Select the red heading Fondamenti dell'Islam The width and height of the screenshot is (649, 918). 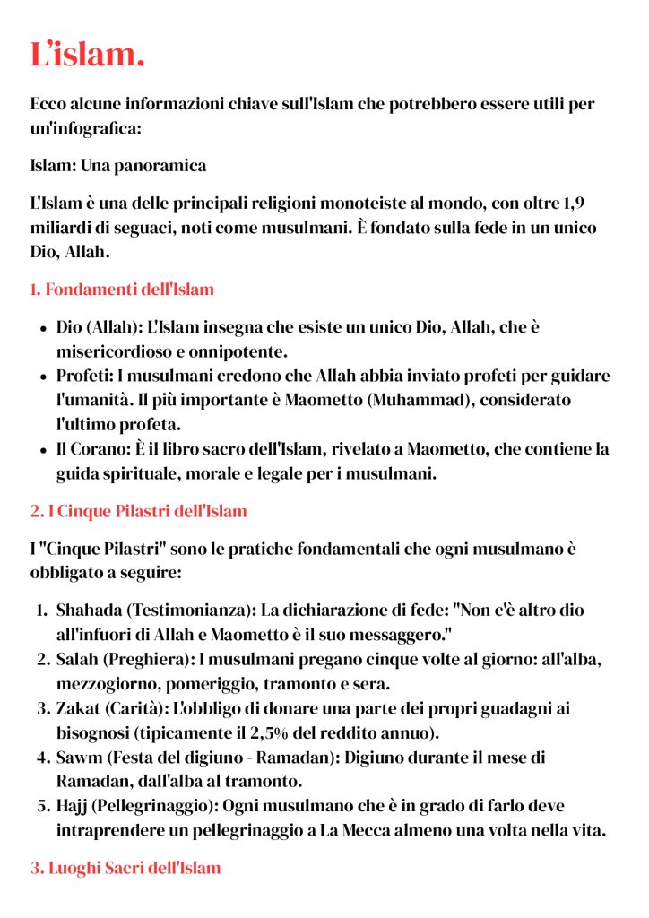pos(130,290)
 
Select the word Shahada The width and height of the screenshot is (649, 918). pos(88,611)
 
